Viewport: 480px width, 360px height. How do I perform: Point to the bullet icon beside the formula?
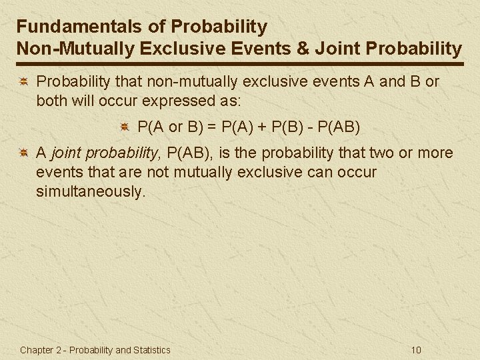tap(125, 126)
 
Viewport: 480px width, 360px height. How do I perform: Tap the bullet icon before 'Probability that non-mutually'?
tap(23, 82)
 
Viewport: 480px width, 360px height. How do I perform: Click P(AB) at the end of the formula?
tap(341, 125)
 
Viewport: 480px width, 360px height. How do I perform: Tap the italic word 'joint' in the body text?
tap(66, 153)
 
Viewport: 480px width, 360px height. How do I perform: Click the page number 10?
tap(417, 350)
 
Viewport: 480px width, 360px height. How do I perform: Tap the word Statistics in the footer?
tap(152, 350)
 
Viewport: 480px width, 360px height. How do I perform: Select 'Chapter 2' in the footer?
tap(39, 350)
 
